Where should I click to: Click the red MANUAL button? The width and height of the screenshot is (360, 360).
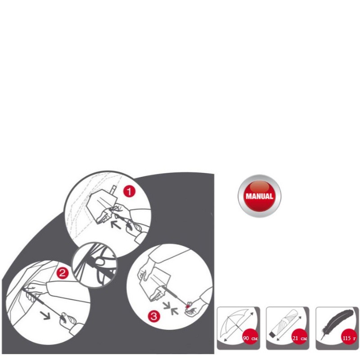[260, 196]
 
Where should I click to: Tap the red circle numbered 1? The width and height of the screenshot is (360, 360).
[129, 192]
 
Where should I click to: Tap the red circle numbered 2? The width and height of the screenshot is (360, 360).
[62, 273]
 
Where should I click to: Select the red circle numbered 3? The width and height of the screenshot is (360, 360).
[154, 316]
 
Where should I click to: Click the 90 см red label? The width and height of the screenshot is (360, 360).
[250, 338]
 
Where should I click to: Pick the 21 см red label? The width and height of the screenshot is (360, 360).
[300, 338]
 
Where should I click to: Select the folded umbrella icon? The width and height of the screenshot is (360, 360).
[285, 325]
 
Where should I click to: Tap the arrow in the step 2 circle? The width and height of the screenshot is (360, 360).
[46, 315]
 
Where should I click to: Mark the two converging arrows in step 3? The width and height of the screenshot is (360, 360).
[171, 308]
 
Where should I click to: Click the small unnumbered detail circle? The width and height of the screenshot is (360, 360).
[94, 265]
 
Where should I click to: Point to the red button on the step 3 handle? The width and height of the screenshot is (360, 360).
[188, 306]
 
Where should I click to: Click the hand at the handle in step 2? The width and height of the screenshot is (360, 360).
[68, 320]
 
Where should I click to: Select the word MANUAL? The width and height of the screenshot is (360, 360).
[260, 196]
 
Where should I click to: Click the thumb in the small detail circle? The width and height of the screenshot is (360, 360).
[99, 261]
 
